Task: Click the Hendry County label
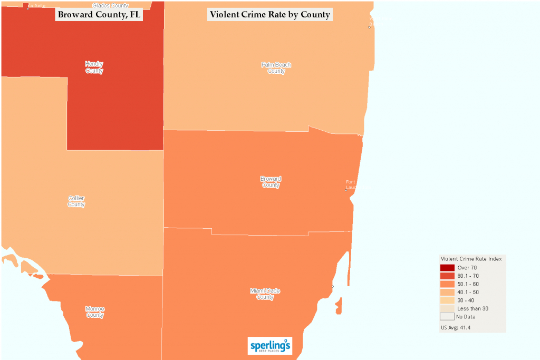(94, 67)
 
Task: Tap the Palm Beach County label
(276, 68)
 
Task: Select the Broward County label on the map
(271, 182)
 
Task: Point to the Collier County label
(76, 201)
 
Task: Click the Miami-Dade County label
(265, 294)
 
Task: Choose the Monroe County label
(94, 312)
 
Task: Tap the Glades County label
(111, 5)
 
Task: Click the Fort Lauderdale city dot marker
(345, 190)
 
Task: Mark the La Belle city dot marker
(28, 8)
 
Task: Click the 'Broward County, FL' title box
(99, 15)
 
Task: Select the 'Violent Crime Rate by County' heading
(269, 15)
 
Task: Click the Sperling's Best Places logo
(269, 346)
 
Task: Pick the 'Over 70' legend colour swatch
(447, 268)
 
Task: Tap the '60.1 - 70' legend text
(468, 276)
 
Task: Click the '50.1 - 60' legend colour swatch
(447, 284)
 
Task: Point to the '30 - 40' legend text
(466, 300)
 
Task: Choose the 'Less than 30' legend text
(472, 308)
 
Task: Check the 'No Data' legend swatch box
(447, 317)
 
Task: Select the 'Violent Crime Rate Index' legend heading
(470, 259)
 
